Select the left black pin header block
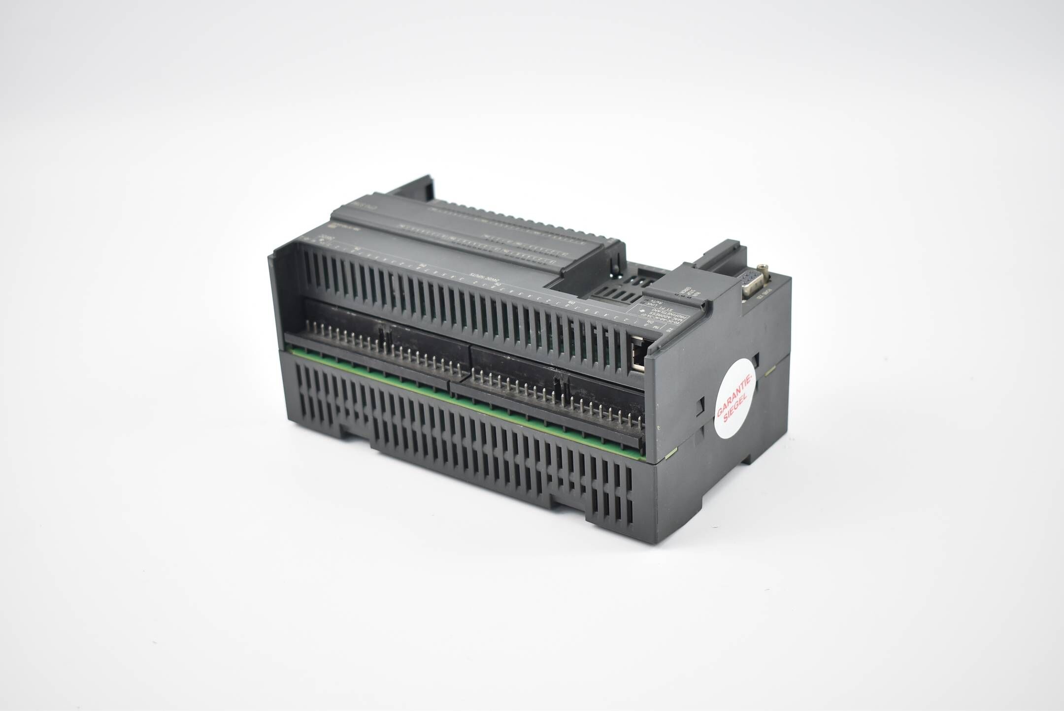tap(379, 340)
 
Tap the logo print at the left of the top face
tap(337, 224)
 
